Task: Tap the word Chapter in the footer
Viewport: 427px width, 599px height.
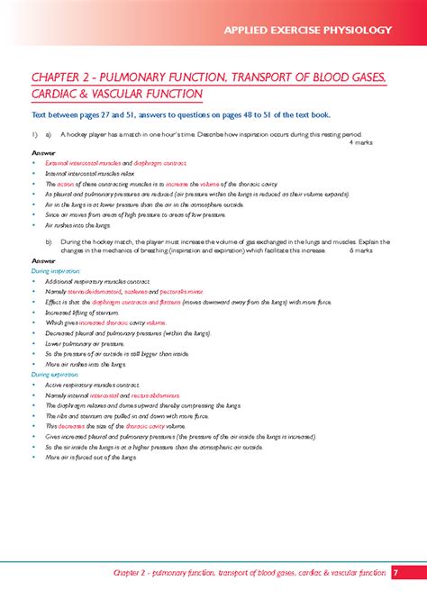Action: (126, 570)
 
